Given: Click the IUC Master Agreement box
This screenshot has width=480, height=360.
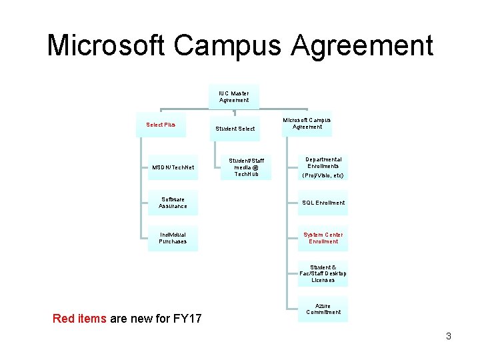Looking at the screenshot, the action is click(234, 97).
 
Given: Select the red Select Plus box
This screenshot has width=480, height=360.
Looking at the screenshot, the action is click(161, 125).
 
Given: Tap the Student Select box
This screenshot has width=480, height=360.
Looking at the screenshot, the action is click(235, 128).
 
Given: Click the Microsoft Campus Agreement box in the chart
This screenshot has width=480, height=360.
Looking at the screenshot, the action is click(307, 123).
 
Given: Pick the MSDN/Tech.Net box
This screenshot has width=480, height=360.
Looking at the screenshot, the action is click(173, 167).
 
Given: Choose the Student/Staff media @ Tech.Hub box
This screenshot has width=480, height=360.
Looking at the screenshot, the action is click(247, 167).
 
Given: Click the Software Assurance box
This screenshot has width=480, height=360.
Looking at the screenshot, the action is click(173, 203).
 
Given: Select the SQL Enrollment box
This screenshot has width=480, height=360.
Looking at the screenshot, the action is click(323, 203).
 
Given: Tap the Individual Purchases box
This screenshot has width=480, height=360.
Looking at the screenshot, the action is click(173, 238).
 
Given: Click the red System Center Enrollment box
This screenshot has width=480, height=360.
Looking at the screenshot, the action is click(323, 238).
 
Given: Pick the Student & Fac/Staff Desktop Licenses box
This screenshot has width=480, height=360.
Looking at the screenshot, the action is click(323, 273).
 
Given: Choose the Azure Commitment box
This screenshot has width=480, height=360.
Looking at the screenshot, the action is click(323, 309).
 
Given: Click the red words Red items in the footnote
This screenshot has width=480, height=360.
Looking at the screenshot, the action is click(79, 319).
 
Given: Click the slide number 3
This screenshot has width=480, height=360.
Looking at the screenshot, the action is click(449, 337).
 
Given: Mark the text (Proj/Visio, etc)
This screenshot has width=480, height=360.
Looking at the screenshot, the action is click(323, 175).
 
